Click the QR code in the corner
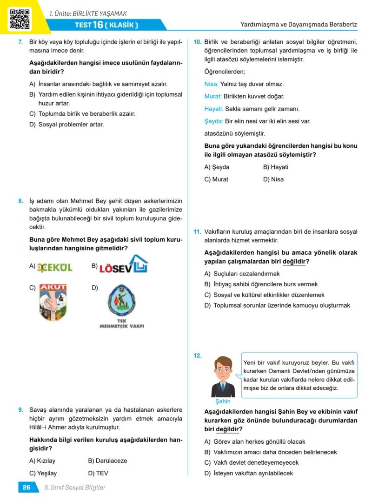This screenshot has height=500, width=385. (20, 18)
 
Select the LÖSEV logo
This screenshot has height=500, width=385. (123, 265)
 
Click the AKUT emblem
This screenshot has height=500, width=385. (53, 302)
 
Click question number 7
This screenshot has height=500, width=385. (20, 42)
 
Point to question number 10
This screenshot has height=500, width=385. (197, 42)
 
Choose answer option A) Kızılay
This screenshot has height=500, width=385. (42, 461)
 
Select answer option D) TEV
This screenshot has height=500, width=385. (98, 473)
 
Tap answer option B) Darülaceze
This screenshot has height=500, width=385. (107, 461)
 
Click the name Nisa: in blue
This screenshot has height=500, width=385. (211, 84)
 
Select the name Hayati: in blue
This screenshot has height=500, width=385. (213, 109)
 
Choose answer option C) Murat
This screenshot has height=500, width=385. (217, 179)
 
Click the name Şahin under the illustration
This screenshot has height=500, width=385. (223, 401)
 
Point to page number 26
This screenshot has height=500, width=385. (27, 487)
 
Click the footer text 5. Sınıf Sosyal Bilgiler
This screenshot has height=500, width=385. (75, 487)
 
